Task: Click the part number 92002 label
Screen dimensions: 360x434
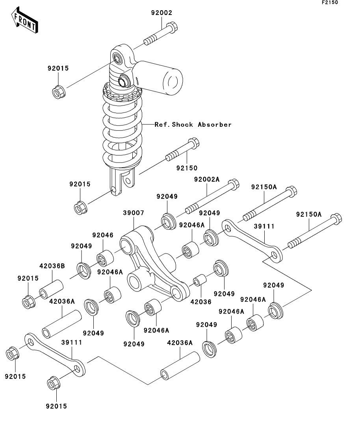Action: pos(161,13)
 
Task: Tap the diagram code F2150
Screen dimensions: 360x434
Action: pos(330,2)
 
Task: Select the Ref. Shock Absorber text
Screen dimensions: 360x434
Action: pos(193,125)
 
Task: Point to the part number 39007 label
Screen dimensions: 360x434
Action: pos(134,213)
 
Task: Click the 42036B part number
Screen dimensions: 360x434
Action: pos(52,266)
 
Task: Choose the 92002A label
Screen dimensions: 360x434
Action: pos(207,179)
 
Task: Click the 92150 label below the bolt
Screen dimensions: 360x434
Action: pos(187,168)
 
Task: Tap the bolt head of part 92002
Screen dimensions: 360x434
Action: pos(173,27)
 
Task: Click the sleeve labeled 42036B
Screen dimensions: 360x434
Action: pos(52,290)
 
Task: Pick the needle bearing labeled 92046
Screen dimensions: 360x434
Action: pos(105,258)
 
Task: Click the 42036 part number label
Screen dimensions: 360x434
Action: pos(201,302)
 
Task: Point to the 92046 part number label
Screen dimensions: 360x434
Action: pos(103,235)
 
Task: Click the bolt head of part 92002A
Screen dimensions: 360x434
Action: pos(234,185)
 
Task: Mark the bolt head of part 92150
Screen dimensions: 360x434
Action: pos(194,143)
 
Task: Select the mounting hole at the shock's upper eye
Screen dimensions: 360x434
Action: pos(117,59)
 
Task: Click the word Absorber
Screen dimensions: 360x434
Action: pos(215,125)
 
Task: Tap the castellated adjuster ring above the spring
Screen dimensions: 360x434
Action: pos(122,94)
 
